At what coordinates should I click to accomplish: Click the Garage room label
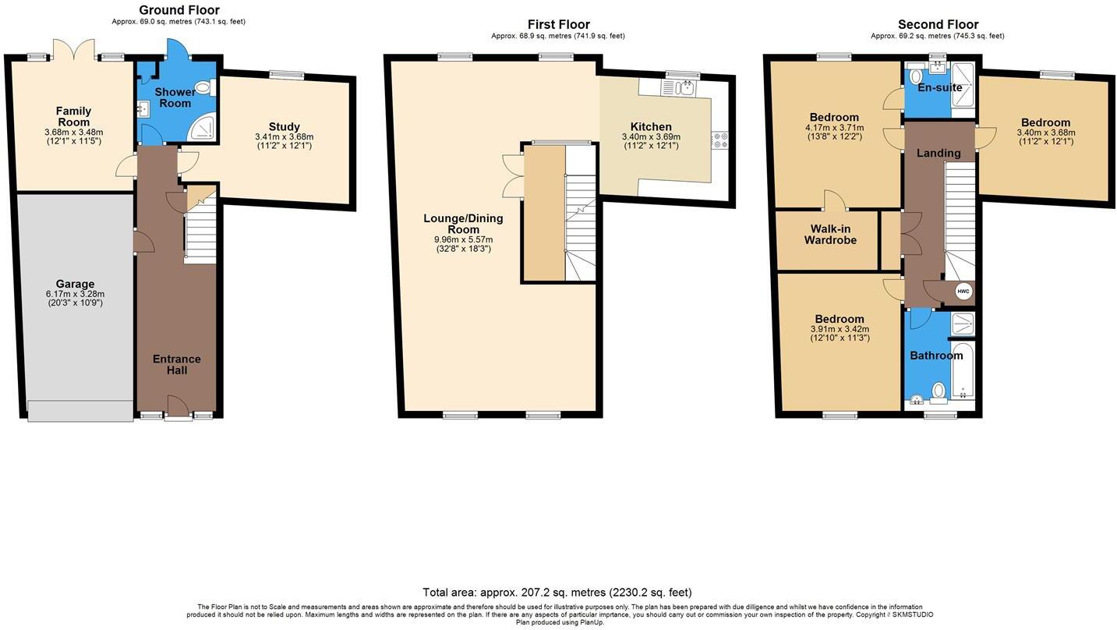pyautogui.click(x=75, y=284)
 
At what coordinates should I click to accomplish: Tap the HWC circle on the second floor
pyautogui.click(x=963, y=292)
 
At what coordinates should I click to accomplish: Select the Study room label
pyautogui.click(x=284, y=126)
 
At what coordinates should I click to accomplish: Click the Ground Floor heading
pyautogui.click(x=179, y=10)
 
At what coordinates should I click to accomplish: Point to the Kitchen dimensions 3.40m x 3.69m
pyautogui.click(x=651, y=137)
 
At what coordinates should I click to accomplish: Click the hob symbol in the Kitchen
pyautogui.click(x=719, y=140)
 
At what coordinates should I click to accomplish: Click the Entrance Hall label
pyautogui.click(x=176, y=364)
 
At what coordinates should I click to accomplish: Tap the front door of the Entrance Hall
pyautogui.click(x=178, y=407)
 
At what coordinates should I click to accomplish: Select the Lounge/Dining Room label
pyautogui.click(x=463, y=224)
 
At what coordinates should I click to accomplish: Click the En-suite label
pyautogui.click(x=939, y=87)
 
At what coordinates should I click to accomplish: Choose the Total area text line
pyautogui.click(x=557, y=593)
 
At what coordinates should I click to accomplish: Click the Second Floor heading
pyautogui.click(x=938, y=24)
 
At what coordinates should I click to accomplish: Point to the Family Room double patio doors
pyautogui.click(x=74, y=51)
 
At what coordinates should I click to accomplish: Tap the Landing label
pyautogui.click(x=938, y=153)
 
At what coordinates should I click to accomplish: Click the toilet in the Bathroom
pyautogui.click(x=938, y=390)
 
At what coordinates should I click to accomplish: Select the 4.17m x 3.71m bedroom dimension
pyautogui.click(x=834, y=128)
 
